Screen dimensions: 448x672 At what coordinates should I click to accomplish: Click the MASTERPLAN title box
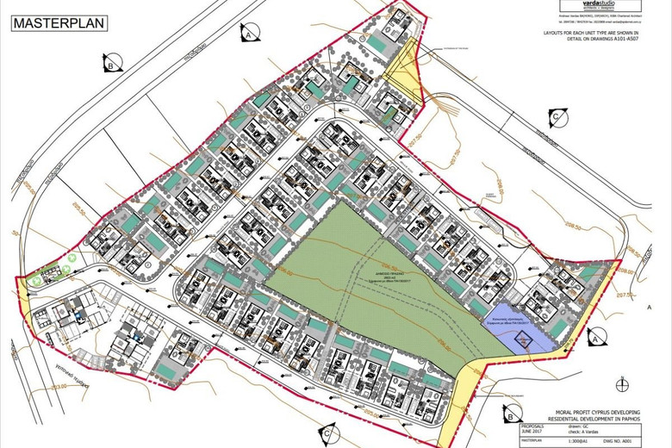59,22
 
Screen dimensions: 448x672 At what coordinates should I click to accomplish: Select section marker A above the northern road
247,35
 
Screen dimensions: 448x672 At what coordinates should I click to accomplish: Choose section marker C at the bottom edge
329,435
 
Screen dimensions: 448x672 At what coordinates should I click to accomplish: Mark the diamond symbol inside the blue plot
523,340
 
